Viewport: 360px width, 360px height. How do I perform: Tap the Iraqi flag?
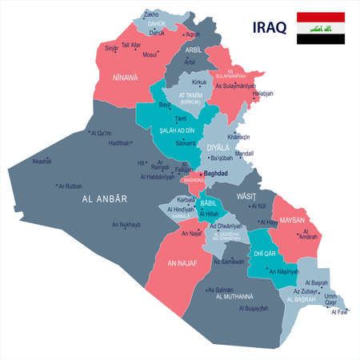322,28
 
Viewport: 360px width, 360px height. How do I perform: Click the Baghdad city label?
217,173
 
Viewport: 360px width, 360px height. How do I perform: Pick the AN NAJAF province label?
182,262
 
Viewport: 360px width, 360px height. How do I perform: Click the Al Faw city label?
338,313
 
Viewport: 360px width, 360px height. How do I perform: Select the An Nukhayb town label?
126,224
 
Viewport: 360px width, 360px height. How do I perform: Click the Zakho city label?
152,14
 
